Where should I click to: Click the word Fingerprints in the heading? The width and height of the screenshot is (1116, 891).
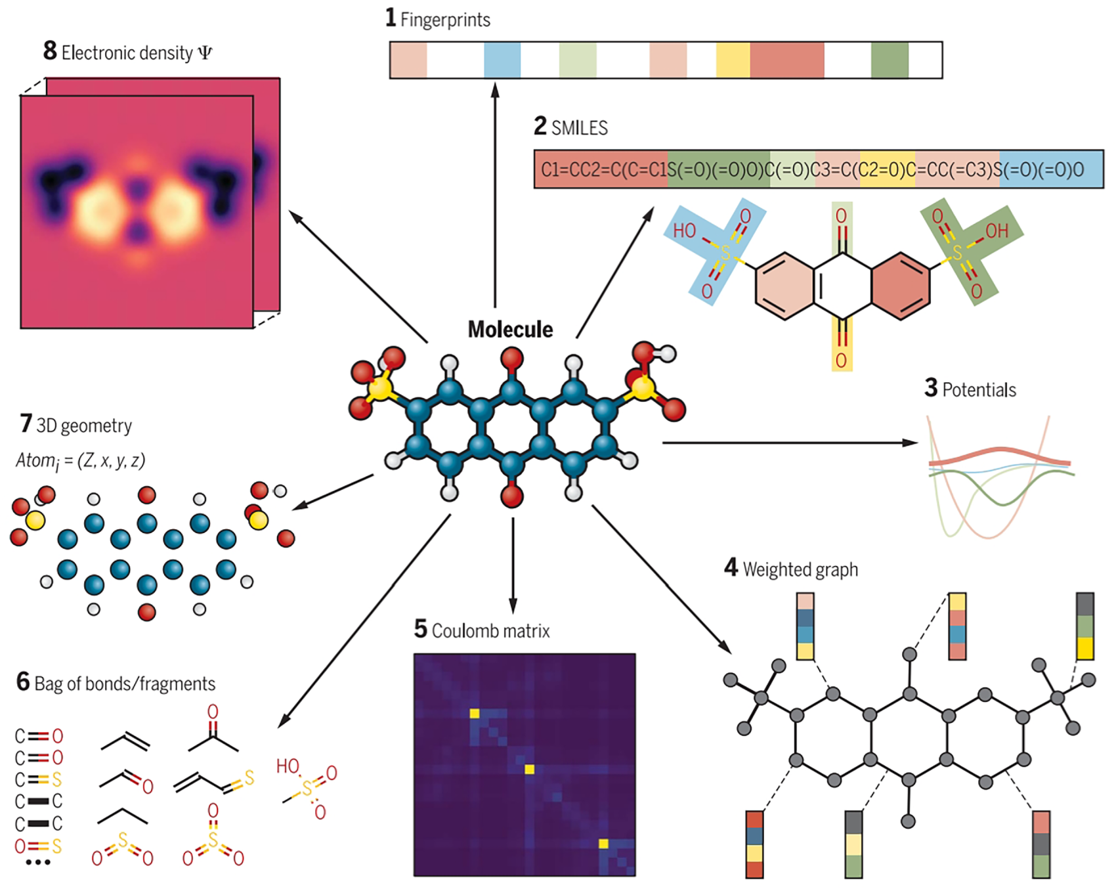click(445, 20)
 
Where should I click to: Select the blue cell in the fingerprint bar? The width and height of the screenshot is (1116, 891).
click(502, 60)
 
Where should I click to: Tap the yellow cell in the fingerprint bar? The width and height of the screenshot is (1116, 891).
click(733, 60)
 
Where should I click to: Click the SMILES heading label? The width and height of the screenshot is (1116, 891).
click(579, 127)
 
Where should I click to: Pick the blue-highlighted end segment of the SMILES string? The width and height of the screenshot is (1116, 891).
click(1051, 169)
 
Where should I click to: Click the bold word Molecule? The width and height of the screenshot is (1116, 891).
click(510, 329)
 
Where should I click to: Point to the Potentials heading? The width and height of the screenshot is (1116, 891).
click(979, 390)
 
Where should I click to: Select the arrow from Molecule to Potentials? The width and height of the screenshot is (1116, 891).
click(788, 443)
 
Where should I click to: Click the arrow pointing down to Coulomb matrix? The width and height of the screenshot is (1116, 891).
click(513, 565)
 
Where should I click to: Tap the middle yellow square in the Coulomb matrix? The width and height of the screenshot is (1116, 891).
click(530, 769)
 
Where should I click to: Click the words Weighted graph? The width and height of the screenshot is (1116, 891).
click(800, 569)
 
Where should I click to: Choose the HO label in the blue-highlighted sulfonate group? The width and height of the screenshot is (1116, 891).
click(684, 230)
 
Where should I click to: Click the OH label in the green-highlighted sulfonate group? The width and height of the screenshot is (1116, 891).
click(997, 230)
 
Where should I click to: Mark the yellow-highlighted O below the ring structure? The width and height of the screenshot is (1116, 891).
click(841, 360)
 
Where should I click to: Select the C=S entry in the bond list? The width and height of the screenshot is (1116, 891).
click(39, 779)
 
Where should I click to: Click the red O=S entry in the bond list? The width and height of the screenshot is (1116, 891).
click(39, 846)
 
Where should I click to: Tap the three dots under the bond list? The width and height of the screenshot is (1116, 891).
click(38, 862)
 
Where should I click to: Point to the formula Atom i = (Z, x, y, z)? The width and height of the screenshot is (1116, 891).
click(80, 461)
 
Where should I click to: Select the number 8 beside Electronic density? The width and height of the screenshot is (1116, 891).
click(50, 51)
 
